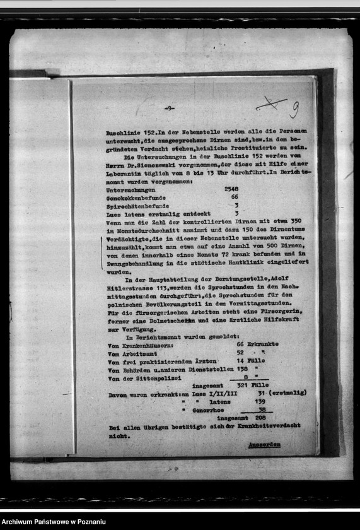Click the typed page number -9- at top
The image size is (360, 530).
[169, 108]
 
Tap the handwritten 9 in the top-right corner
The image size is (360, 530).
[294, 110]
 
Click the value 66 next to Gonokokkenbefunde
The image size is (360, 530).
[235, 197]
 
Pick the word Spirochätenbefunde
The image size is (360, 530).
[137, 206]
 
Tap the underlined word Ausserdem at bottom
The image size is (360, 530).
[264, 444]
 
